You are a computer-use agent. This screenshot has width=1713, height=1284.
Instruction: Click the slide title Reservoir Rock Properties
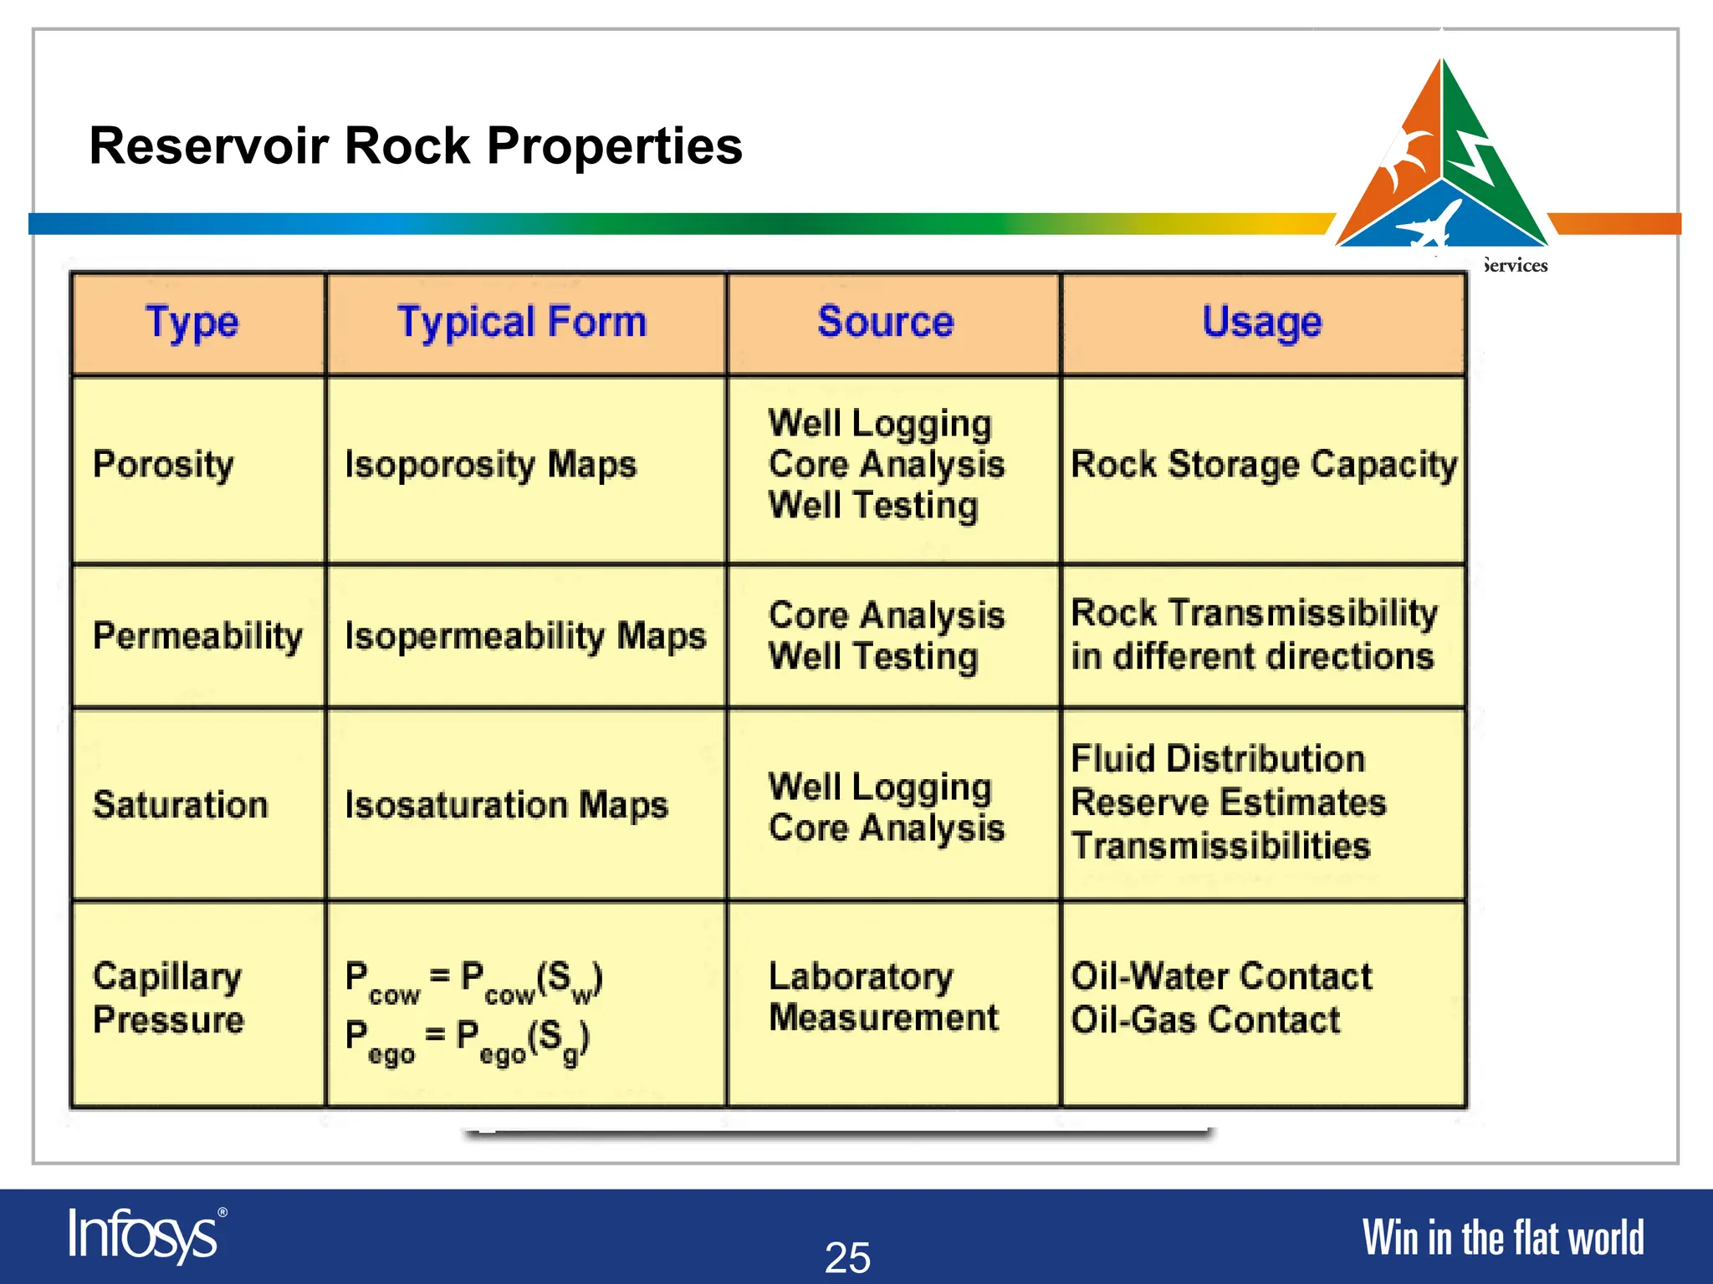point(416,146)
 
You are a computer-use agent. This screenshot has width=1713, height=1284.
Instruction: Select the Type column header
point(192,323)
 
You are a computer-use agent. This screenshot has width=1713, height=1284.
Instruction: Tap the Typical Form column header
point(522,323)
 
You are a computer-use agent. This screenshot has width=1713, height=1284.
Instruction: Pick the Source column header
point(886,323)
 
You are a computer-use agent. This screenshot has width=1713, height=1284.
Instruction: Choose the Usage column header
point(1261,323)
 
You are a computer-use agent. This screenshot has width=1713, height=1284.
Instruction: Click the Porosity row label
point(163,465)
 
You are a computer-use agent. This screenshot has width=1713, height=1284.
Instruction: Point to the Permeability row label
point(197,636)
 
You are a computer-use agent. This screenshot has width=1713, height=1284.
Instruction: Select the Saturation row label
point(180,805)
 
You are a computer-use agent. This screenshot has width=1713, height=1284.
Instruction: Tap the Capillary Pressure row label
point(168,998)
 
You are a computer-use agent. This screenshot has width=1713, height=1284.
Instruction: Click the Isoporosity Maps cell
point(490,465)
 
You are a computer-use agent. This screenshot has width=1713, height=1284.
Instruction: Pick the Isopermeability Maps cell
point(525,636)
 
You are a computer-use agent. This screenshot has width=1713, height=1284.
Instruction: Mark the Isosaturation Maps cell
point(506,805)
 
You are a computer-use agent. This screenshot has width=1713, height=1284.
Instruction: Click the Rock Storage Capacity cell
point(1263,465)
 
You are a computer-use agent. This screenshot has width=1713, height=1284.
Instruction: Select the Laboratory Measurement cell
point(882,997)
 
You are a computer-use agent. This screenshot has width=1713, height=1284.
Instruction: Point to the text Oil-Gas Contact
point(1205,1020)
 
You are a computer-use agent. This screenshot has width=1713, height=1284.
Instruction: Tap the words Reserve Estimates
point(1228,802)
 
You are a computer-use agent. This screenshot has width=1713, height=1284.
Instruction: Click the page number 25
point(847,1257)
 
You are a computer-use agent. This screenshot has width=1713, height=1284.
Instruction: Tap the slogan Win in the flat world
point(1502,1238)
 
